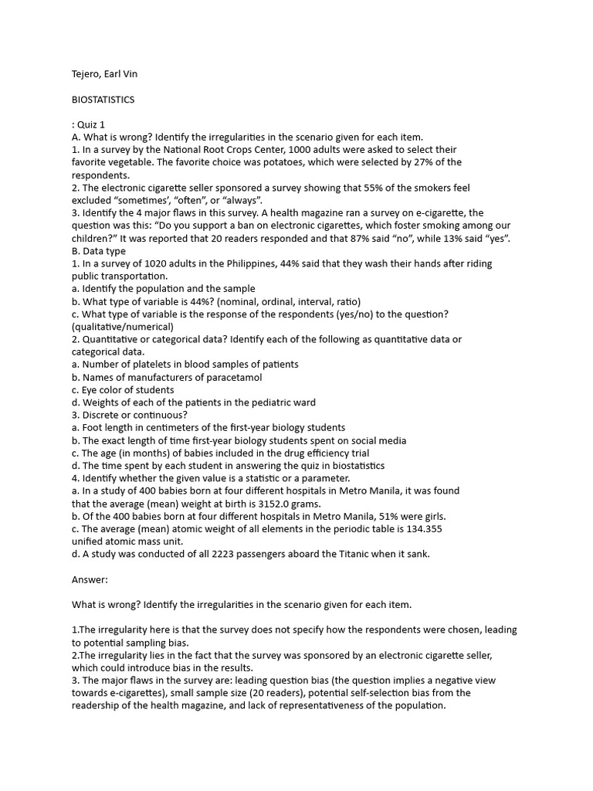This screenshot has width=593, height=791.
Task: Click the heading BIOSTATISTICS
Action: pos(103,100)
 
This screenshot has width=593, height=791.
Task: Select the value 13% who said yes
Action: pos(451,238)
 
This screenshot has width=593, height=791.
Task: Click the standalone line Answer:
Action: pos(90,579)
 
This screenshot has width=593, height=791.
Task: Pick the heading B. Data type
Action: pos(98,250)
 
